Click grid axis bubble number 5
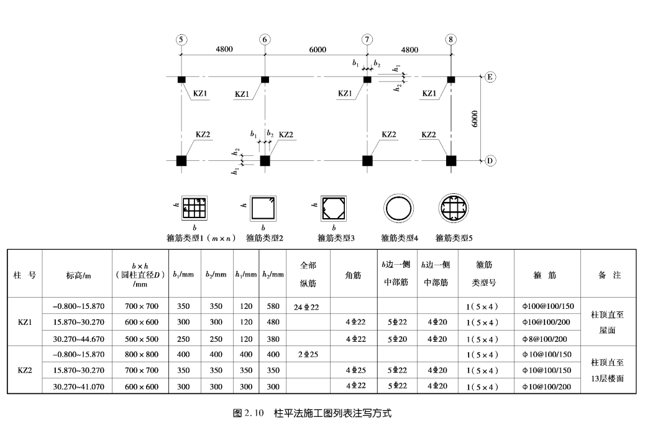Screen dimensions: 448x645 coord(181,40)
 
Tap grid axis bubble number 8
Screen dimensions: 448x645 coord(451,40)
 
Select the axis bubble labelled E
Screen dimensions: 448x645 coord(490,77)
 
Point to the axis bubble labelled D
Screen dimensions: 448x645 coord(490,160)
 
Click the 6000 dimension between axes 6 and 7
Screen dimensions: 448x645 coord(317,50)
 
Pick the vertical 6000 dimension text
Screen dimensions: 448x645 coord(475,118)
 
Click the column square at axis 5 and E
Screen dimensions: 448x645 coord(181,80)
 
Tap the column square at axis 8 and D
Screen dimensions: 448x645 coord(451,160)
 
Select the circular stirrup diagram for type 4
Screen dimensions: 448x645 coord(398,209)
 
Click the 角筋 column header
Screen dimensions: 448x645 coord(353,274)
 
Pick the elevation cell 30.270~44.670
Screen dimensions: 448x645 coord(78,339)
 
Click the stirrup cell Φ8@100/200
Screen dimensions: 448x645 coord(547,339)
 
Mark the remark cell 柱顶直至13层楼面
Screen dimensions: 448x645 coord(608,370)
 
